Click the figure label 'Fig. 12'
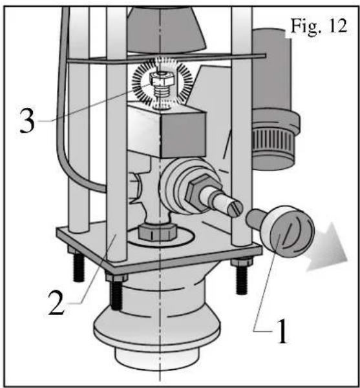pyautogui.click(x=319, y=26)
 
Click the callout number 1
pyautogui.click(x=282, y=331)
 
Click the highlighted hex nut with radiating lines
pyautogui.click(x=162, y=79)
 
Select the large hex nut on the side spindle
pyautogui.click(x=198, y=192)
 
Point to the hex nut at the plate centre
pyautogui.click(x=158, y=232)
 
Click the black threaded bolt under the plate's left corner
pyautogui.click(x=79, y=267)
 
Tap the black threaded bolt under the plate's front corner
pyautogui.click(x=116, y=294)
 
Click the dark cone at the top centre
pyautogui.click(x=165, y=29)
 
